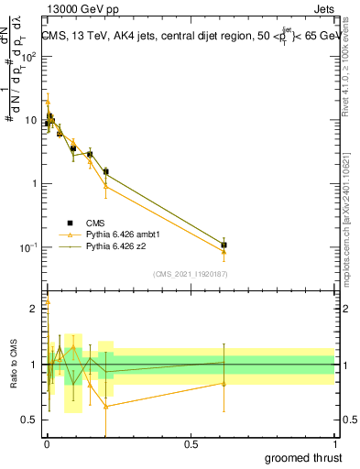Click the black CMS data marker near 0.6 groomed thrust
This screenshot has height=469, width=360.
click(x=224, y=245)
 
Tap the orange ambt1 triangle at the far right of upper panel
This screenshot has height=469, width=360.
click(x=224, y=252)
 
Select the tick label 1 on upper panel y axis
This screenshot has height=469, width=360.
click(x=34, y=184)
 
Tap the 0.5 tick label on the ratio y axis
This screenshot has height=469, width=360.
click(x=29, y=420)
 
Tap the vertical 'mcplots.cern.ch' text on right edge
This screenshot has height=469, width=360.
click(x=351, y=229)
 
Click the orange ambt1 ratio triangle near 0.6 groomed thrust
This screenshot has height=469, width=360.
click(x=224, y=384)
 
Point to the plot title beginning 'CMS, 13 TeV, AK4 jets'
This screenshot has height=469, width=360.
click(x=188, y=37)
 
